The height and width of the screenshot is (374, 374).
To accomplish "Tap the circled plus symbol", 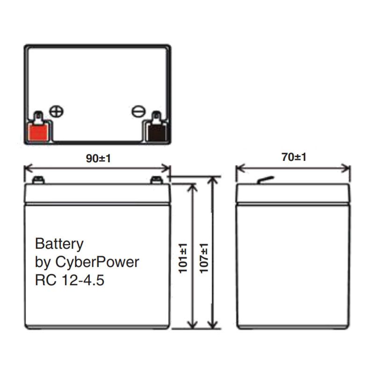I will [57, 111].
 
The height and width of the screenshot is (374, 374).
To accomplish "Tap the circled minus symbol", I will [138, 111].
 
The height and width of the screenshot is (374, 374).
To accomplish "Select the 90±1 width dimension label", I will [98, 158].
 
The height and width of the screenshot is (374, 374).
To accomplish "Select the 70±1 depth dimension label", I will [294, 157].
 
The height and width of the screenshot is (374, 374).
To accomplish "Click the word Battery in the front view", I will [59, 244].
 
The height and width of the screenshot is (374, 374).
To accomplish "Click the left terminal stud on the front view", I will [38, 180].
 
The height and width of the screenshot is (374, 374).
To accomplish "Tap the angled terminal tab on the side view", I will [265, 180].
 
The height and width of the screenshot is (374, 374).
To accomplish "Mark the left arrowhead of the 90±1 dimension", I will [27, 168].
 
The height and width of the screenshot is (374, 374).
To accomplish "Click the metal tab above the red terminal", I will [38, 115].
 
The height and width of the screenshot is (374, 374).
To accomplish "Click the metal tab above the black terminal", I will [156, 115].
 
